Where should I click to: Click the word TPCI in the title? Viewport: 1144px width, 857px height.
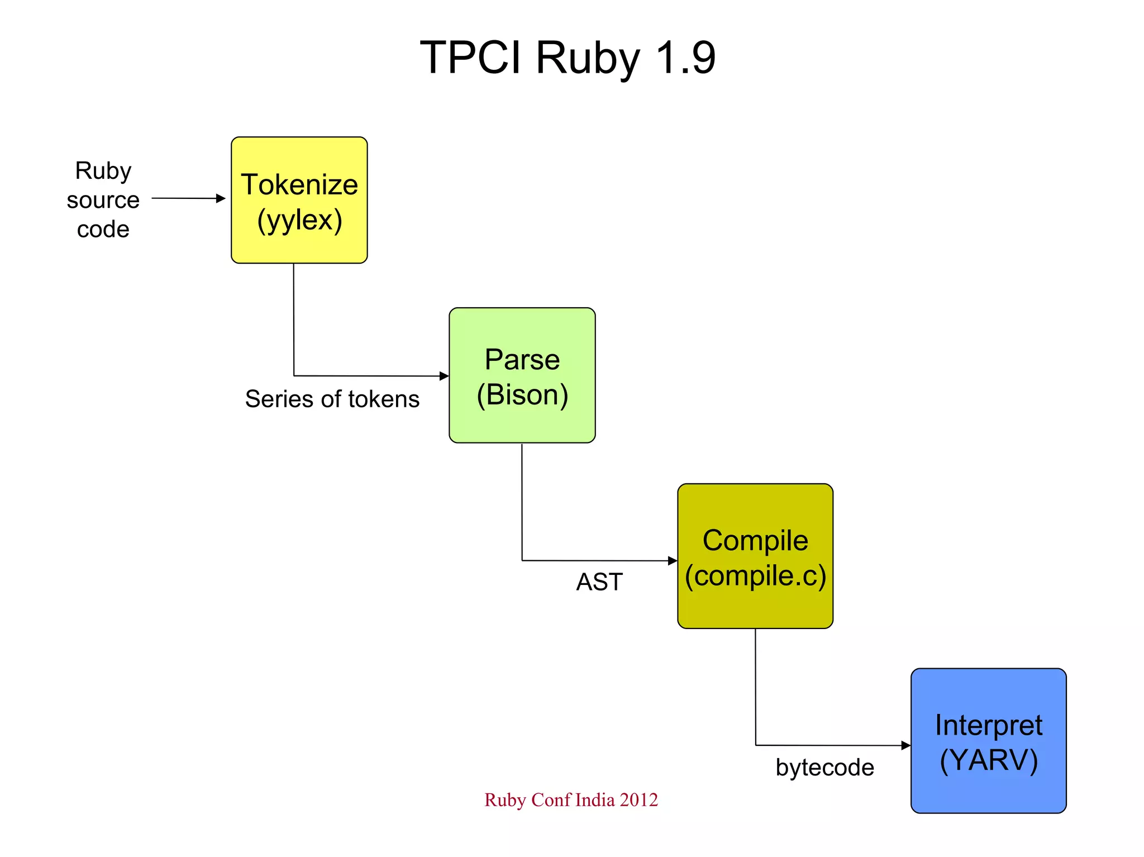(470, 57)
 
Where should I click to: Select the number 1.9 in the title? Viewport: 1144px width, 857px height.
(685, 57)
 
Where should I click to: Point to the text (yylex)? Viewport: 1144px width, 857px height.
(299, 220)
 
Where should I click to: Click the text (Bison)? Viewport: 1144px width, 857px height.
(522, 394)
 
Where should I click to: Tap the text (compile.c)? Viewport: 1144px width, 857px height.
(755, 575)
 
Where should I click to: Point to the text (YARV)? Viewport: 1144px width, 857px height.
(988, 760)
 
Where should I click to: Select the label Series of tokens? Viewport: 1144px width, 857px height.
(332, 399)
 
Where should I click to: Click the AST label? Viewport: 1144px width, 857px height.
(599, 582)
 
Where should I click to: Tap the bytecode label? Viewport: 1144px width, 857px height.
(824, 767)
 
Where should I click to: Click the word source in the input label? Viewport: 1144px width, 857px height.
(103, 199)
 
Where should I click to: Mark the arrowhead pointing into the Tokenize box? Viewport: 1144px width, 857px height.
(221, 198)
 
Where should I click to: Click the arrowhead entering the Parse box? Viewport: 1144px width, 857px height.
(445, 376)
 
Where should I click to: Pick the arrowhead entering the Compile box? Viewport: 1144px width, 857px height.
(673, 560)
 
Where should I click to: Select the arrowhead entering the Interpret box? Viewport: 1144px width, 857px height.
(906, 745)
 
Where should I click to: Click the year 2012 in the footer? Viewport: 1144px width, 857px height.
(638, 799)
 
